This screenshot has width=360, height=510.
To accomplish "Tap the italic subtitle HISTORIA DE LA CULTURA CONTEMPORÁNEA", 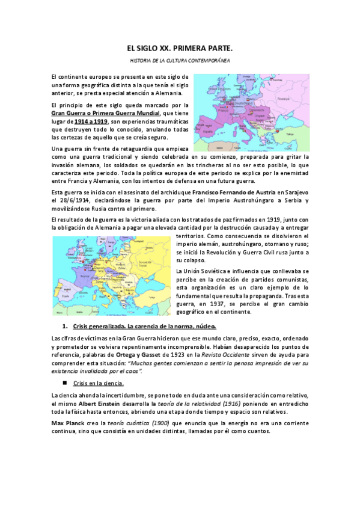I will click(x=180, y=61).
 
